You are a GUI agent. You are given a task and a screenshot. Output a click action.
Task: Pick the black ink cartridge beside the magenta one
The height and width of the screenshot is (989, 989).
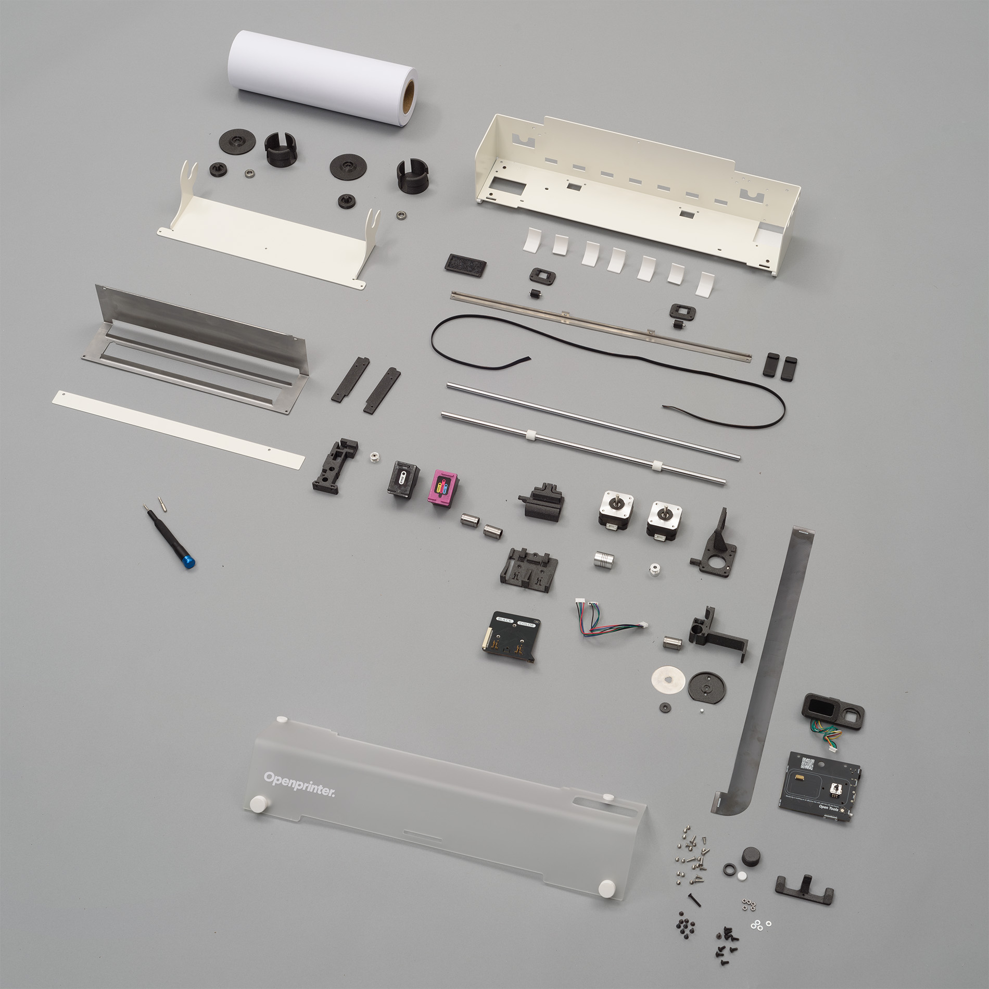pos(404,478)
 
